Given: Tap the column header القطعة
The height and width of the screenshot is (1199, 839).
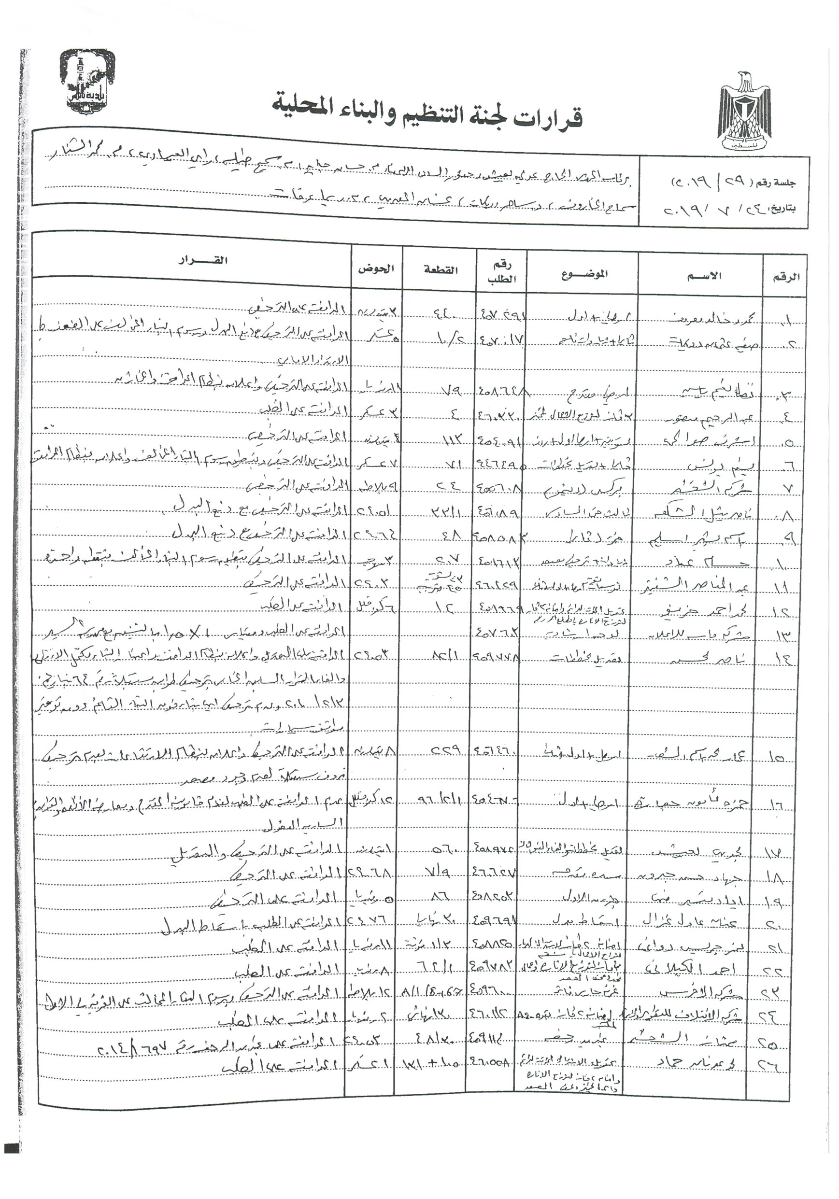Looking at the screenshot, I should pos(441,270).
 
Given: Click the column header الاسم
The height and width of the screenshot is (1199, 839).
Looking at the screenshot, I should pos(704,275).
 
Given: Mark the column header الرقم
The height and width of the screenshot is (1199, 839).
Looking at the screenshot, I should pos(786,276).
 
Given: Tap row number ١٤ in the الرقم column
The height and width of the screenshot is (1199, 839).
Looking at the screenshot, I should pos(787,660).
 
